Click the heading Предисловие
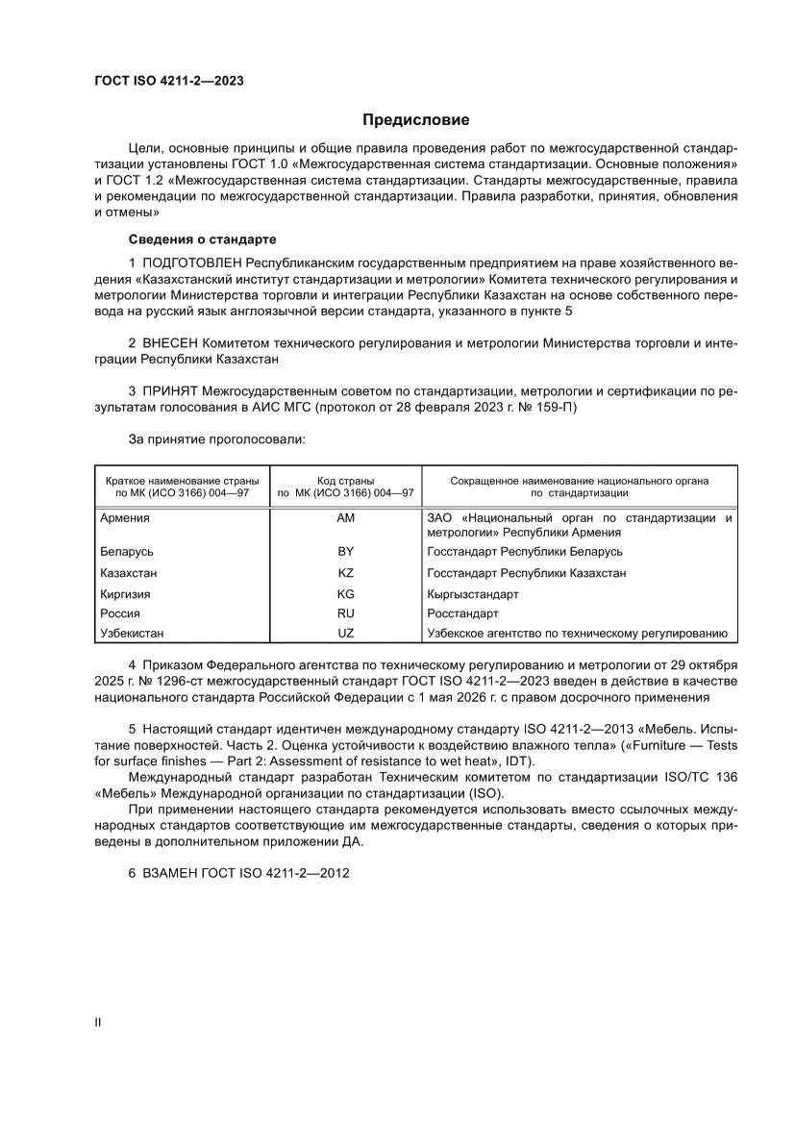point(415,120)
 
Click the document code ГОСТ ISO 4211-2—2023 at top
point(168,81)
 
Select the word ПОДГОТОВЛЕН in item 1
point(192,262)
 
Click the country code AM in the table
point(346,518)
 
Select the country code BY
point(346,552)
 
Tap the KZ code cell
point(346,573)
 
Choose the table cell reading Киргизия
point(125,594)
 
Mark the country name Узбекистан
point(132,633)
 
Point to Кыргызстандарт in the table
point(472,594)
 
